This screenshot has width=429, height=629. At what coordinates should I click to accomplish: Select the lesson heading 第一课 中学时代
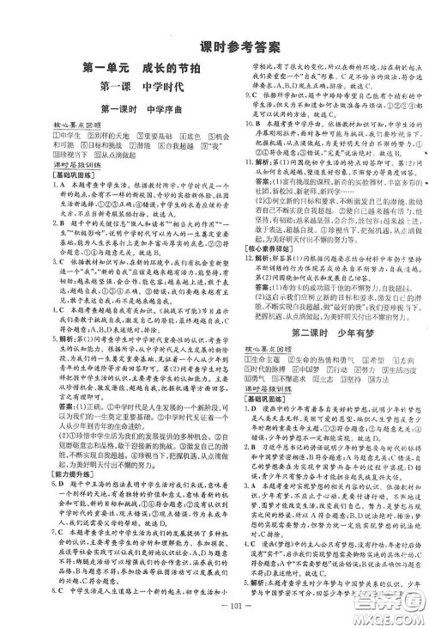[118, 85]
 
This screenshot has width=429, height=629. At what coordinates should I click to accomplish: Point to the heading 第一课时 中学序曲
[118, 108]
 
